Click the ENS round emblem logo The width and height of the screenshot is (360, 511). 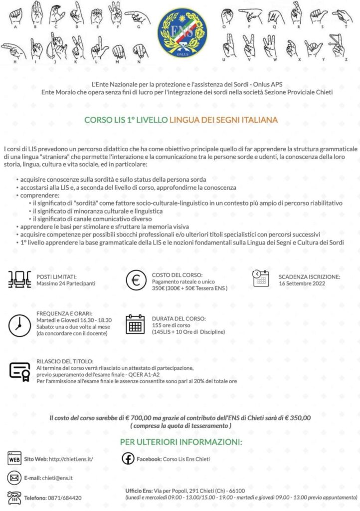tap(180, 31)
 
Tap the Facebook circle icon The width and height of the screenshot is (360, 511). tap(127, 458)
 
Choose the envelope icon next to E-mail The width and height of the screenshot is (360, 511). tap(13, 478)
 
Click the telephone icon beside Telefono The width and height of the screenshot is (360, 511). tap(13, 497)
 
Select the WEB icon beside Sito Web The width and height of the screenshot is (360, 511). tap(13, 458)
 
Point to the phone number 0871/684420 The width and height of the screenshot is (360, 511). tap(65, 498)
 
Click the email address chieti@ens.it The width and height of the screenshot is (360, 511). tap(57, 478)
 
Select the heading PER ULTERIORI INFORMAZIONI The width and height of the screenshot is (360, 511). tap(180, 442)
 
